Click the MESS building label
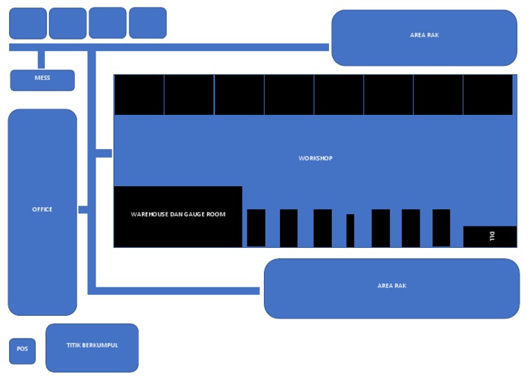pyautogui.click(x=42, y=78)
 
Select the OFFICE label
pyautogui.click(x=42, y=209)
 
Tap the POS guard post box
pyautogui.click(x=22, y=350)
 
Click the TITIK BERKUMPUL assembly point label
pyautogui.click(x=92, y=345)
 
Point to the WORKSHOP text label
pyautogui.click(x=315, y=159)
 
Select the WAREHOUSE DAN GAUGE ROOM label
pyautogui.click(x=178, y=215)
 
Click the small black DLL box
pyautogui.click(x=490, y=235)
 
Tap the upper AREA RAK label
pyautogui.click(x=424, y=35)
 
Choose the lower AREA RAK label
pyautogui.click(x=391, y=286)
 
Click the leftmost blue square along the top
pyautogui.click(x=28, y=23)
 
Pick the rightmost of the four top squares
pyautogui.click(x=148, y=23)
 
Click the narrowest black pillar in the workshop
pyautogui.click(x=350, y=230)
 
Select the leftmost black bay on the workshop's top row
pyautogui.click(x=139, y=95)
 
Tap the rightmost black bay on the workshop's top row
pyautogui.click(x=488, y=95)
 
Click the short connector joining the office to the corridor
pyautogui.click(x=82, y=209)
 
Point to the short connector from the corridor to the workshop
pyautogui.click(x=104, y=153)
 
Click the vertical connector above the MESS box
pyautogui.click(x=42, y=60)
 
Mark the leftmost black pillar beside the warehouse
pyautogui.click(x=256, y=227)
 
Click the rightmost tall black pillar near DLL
pyautogui.click(x=441, y=227)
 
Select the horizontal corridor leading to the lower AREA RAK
pyautogui.click(x=177, y=291)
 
